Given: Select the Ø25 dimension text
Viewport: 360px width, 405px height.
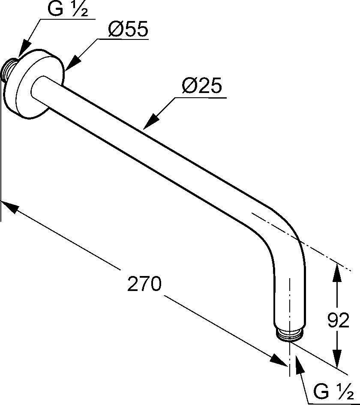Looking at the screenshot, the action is [202, 85].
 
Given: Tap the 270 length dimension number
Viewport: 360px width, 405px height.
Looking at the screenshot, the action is [144, 283].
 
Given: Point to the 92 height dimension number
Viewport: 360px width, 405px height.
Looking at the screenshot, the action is [338, 320].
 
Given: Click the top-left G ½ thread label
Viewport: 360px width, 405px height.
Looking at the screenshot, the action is [68, 9].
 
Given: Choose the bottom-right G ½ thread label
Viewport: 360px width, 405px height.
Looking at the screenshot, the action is [333, 391].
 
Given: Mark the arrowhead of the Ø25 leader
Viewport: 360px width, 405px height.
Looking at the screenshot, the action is [151, 121].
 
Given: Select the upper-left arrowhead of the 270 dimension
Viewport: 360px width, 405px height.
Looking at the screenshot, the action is [10, 207].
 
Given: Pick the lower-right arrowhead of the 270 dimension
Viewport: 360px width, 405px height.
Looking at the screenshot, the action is [279, 360].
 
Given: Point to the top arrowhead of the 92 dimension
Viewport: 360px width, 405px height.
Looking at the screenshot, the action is [337, 272].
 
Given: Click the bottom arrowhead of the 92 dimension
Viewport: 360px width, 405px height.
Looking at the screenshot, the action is [337, 358].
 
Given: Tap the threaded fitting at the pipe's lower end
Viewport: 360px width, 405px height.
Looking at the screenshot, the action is [290, 335].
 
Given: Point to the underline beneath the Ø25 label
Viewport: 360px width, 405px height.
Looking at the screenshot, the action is [201, 98].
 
